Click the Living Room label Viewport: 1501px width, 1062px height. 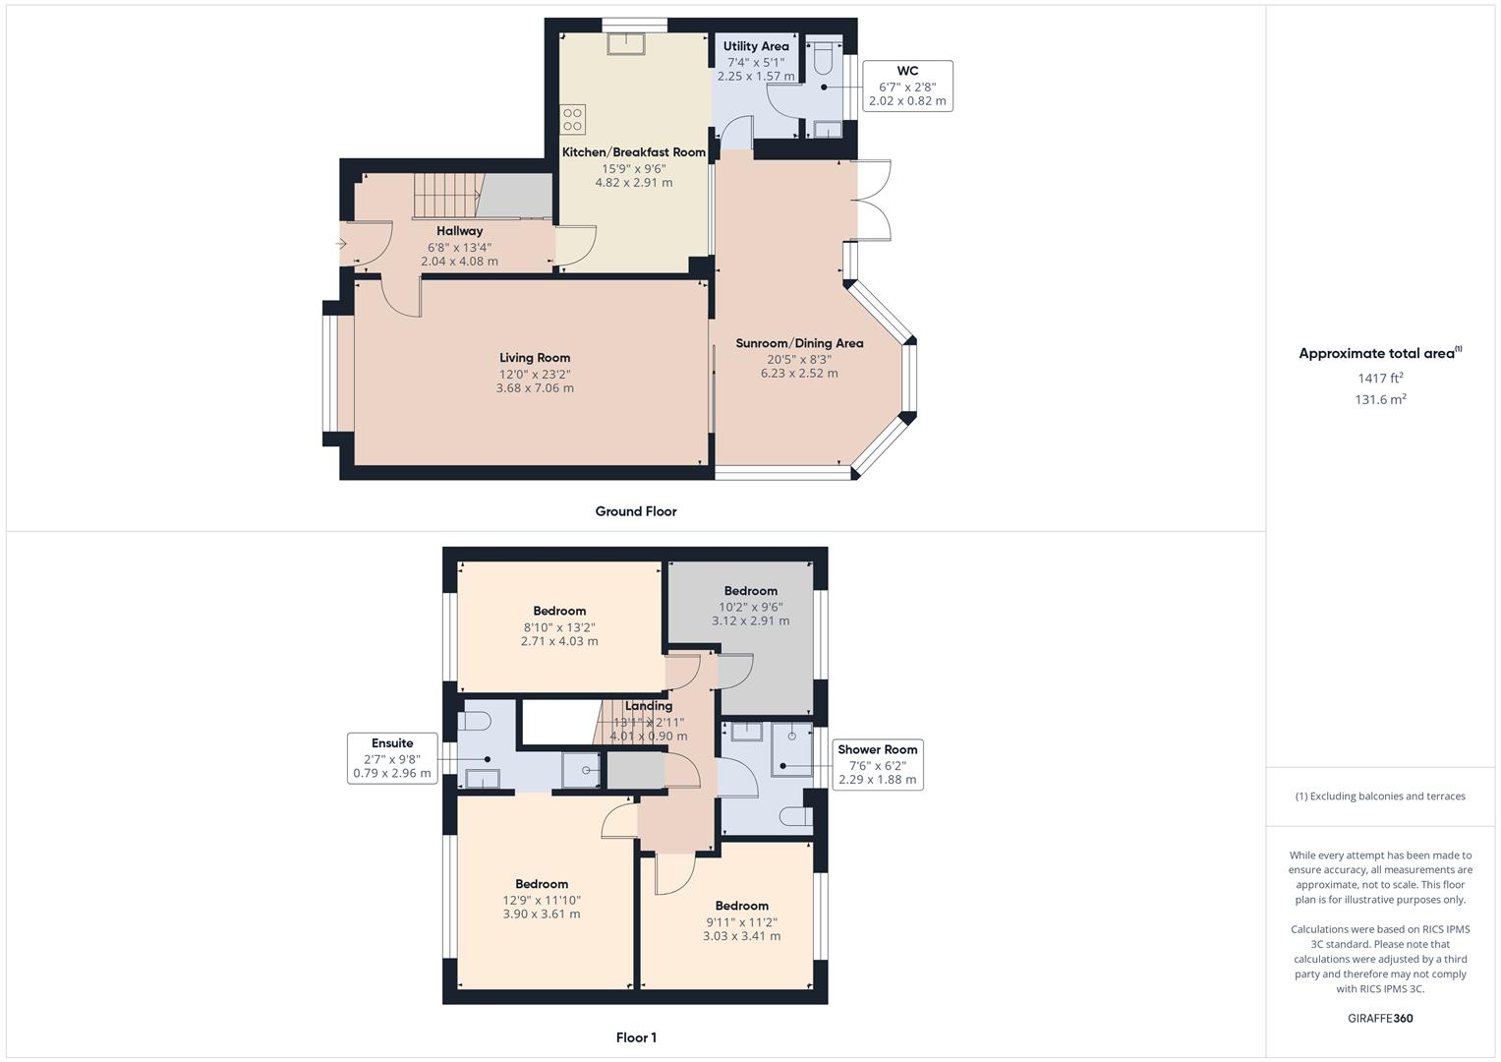(535, 358)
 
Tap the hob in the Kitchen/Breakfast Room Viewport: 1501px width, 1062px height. (573, 120)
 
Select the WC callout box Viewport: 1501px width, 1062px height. (906, 86)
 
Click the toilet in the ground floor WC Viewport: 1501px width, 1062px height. (824, 59)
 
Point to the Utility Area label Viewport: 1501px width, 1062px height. (756, 46)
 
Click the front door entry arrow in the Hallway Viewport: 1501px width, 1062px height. (343, 244)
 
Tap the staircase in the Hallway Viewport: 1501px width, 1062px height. (444, 197)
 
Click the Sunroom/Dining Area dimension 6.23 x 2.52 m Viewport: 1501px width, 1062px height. (799, 374)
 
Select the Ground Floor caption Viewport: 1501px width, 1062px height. (636, 511)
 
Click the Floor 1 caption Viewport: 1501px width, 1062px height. (636, 1037)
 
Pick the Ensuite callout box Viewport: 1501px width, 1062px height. (392, 758)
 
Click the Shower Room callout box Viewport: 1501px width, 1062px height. (877, 764)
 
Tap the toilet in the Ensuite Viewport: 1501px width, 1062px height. (474, 722)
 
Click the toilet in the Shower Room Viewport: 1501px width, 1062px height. (795, 816)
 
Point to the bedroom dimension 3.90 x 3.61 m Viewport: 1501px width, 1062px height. (542, 914)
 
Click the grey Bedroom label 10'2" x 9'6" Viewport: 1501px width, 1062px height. (751, 591)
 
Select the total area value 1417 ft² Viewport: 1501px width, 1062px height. (1380, 378)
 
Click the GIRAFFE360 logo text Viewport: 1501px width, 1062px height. (1380, 1018)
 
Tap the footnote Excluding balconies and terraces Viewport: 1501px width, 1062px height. (1380, 796)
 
